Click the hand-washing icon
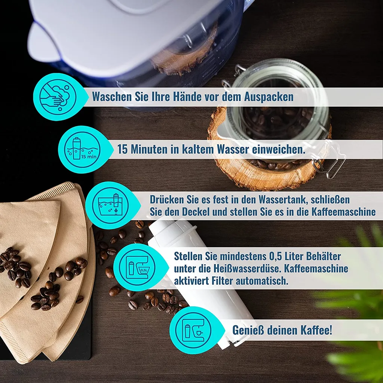click(58, 97)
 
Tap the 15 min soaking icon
click(82, 149)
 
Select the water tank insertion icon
click(110, 205)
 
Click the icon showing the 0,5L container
click(138, 267)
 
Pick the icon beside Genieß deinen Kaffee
click(193, 330)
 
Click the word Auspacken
click(269, 97)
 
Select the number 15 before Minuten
click(122, 149)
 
